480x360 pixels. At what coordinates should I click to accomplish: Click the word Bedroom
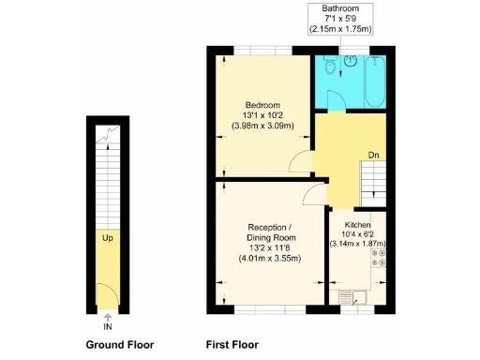point(262,105)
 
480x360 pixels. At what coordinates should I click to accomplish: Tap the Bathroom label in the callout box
point(347,8)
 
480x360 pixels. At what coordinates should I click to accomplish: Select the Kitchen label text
point(358,226)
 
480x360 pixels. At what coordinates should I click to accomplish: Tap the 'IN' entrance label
point(107,326)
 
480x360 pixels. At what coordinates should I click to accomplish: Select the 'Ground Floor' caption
point(119,344)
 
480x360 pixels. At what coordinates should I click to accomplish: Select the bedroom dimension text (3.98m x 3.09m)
point(262,126)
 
